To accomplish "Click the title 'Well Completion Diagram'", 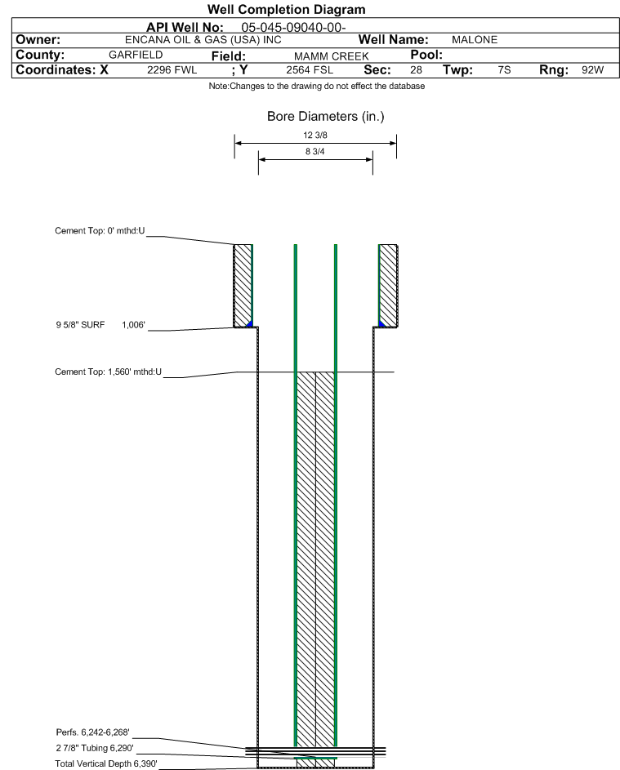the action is (x=287, y=9).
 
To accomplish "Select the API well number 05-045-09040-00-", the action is (x=293, y=28).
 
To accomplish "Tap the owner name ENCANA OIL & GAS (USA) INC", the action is (x=203, y=40).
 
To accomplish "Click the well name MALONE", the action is (x=475, y=40).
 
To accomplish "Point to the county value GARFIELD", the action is (x=136, y=55).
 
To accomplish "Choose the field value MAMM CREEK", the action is (x=331, y=56).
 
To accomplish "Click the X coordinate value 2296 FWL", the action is (x=172, y=70).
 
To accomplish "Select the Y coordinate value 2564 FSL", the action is (x=310, y=70).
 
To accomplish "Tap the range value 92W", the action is (x=592, y=70).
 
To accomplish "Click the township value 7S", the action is (x=504, y=70).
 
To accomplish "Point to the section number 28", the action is (x=416, y=70).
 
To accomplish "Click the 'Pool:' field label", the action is (x=426, y=55).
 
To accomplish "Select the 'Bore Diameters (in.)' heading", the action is (x=326, y=117).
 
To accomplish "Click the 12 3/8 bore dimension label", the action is (x=315, y=135).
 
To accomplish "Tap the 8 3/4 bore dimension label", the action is (x=315, y=152).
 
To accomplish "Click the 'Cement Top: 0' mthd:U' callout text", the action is (x=100, y=231).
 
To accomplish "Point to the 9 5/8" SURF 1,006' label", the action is (x=100, y=325).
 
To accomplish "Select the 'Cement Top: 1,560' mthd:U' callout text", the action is (x=108, y=372).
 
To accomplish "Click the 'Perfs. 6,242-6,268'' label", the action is (x=93, y=732).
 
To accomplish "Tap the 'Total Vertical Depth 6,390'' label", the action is (x=106, y=763).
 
